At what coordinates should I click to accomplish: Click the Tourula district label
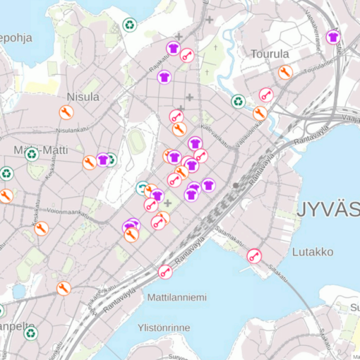tap(270, 54)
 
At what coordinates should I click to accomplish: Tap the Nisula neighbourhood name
tap(83, 97)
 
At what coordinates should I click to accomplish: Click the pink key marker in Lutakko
tap(254, 256)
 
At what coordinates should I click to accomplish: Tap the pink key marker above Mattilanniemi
tap(165, 271)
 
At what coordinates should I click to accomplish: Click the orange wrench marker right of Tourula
tap(285, 72)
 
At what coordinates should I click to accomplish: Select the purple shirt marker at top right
tap(333, 37)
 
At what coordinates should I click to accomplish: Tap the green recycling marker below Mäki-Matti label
tap(7, 173)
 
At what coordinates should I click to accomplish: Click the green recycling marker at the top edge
tap(130, 25)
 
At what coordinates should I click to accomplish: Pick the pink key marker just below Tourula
tap(265, 94)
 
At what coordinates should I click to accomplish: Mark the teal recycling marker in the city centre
tap(143, 188)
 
